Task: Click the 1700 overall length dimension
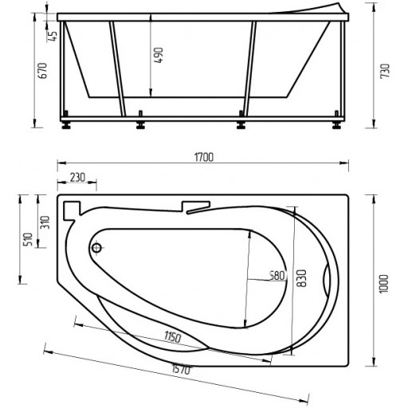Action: pos(204,157)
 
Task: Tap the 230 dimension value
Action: pos(77,178)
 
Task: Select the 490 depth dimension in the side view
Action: pos(159,55)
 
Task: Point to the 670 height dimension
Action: pos(42,70)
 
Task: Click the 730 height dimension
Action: pos(385,71)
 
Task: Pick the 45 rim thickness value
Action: pos(53,36)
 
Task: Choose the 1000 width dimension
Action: pos(383,284)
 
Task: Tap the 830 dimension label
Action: pos(301,278)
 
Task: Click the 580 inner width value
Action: pos(277,276)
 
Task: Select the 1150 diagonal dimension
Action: pos(172,337)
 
